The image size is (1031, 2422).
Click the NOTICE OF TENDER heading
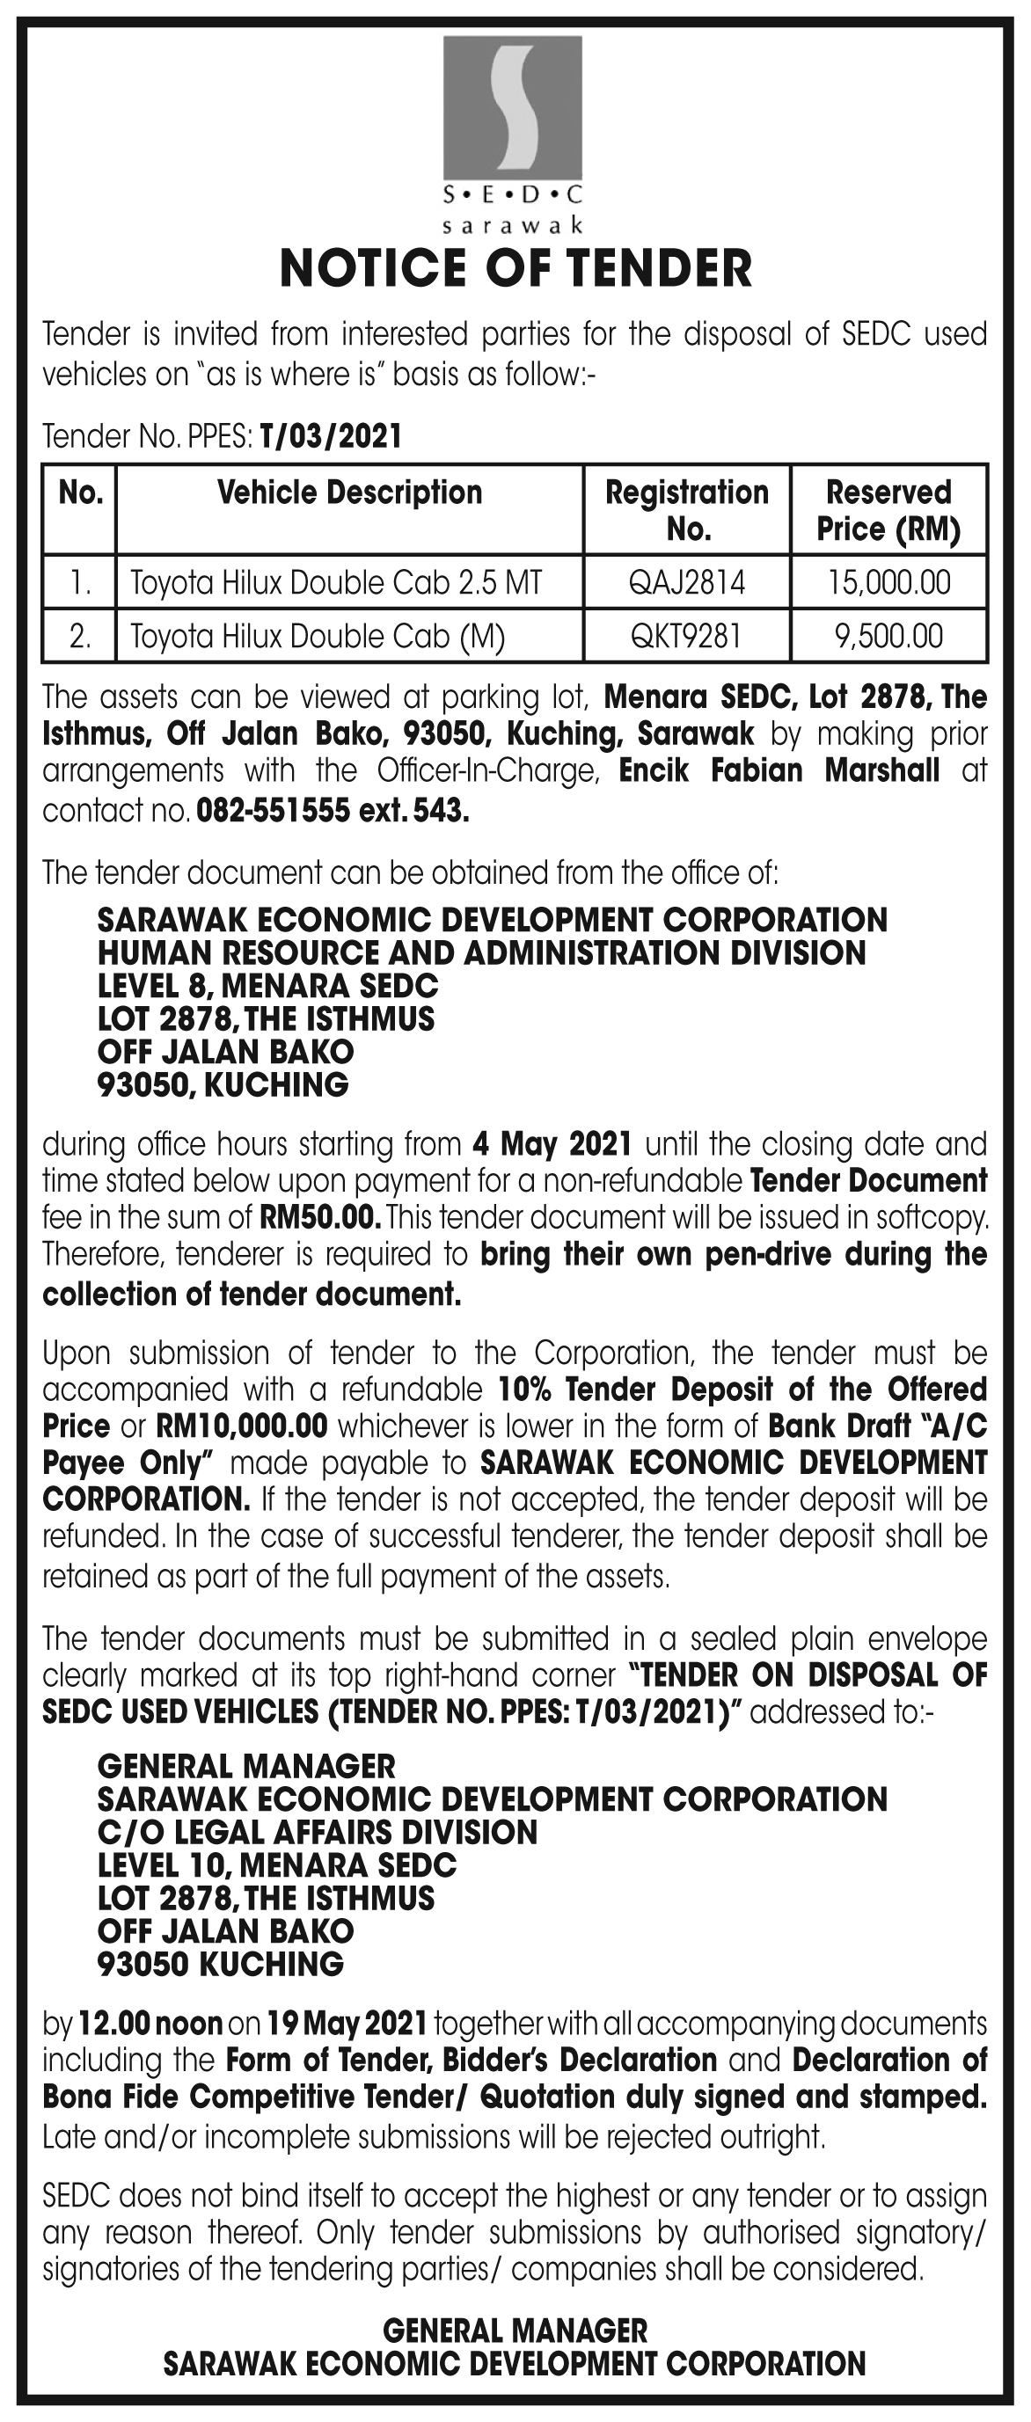[515, 269]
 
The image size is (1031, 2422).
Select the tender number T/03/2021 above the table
[330, 436]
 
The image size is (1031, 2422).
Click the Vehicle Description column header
[349, 492]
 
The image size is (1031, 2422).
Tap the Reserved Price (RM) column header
[888, 511]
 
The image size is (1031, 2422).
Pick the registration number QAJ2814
[687, 583]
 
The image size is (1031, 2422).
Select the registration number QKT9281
[687, 637]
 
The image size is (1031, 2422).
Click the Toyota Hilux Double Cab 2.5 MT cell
[336, 583]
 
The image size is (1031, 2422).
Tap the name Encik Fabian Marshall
[779, 771]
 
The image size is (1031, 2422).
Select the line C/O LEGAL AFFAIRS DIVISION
[317, 1833]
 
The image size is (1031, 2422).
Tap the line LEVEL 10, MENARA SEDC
[276, 1865]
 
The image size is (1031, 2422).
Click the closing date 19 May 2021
[347, 2023]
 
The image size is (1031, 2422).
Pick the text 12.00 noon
[150, 2023]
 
